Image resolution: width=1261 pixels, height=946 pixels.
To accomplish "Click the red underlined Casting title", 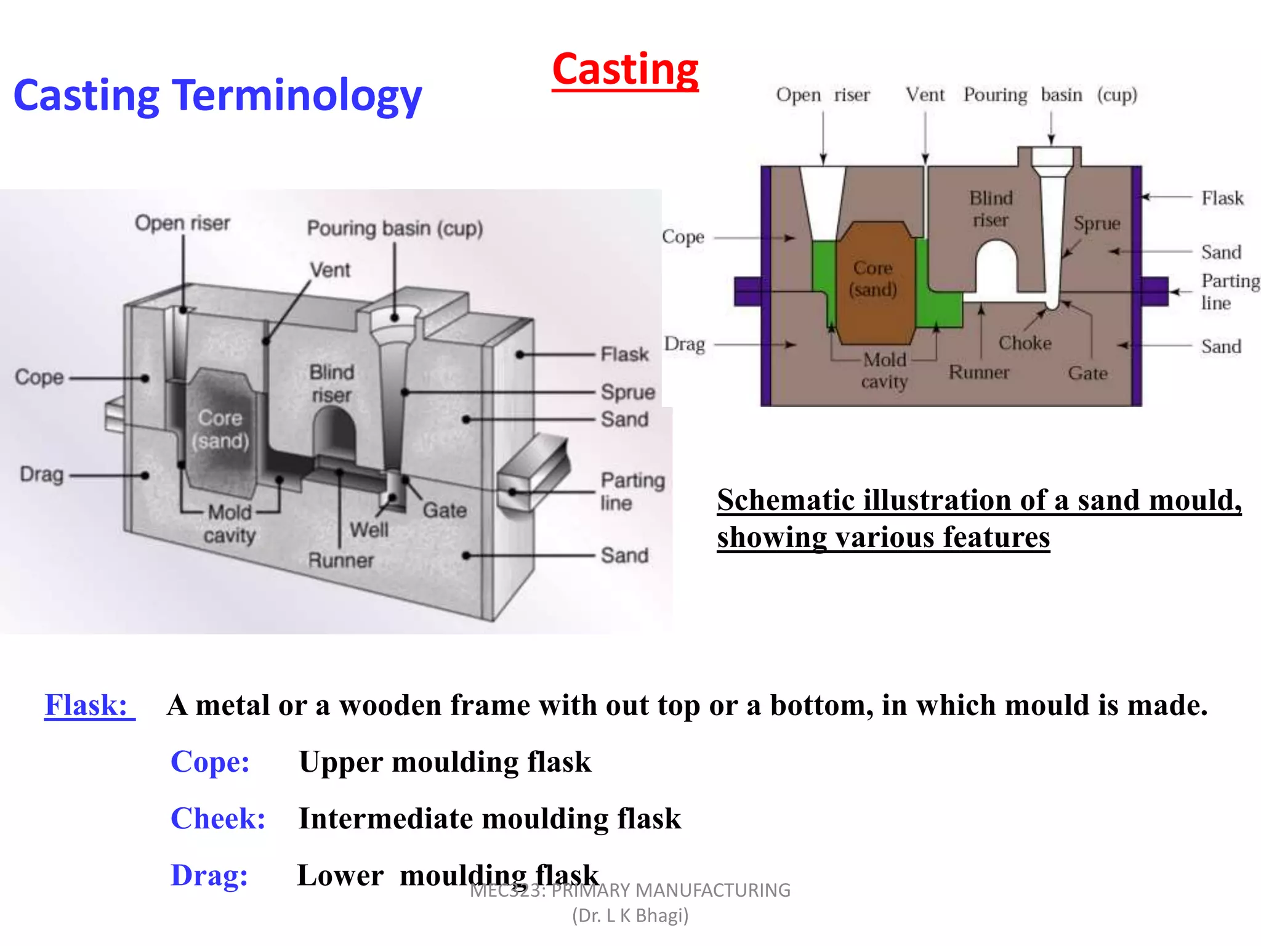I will pos(625,70).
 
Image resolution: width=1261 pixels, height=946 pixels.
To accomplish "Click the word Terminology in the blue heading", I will pos(297,97).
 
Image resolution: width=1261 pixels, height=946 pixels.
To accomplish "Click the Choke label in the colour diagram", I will pos(1025,343).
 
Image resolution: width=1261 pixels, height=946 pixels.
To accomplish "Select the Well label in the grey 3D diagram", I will pos(369,530).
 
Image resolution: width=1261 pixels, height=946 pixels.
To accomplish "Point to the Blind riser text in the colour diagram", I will pos(990,209).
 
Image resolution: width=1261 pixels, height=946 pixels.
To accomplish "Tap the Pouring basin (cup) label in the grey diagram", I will pos(395,228).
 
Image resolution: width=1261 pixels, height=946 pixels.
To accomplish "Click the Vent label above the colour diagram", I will pos(925,95).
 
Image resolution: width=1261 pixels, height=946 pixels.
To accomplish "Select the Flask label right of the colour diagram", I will pos(1222,198).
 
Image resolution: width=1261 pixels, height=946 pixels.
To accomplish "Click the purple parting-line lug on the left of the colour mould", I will pos(747,291).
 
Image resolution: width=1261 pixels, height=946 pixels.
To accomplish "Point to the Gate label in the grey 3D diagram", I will pos(445,511).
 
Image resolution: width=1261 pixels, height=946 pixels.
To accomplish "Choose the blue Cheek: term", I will pos(218,819).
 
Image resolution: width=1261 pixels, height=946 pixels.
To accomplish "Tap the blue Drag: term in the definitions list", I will pos(209,876).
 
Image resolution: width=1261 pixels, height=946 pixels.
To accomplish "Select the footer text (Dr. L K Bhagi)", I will pos(630,916).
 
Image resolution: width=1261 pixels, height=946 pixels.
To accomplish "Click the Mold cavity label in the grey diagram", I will pos(230,524).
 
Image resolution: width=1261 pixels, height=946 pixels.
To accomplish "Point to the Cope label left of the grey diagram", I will pos(39,378).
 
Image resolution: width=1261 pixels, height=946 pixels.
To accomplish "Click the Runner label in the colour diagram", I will pos(978,373).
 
